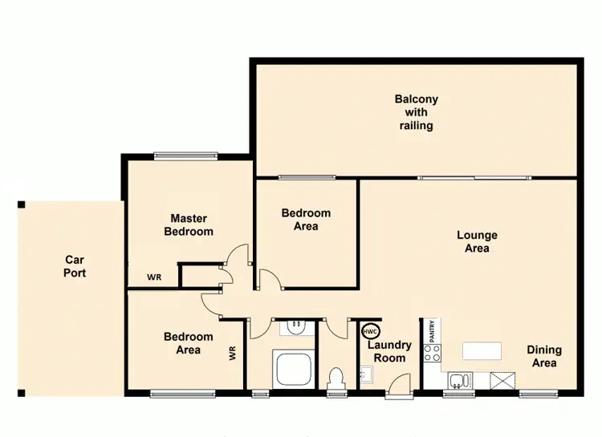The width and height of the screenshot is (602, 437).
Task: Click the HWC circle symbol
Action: click(370, 330)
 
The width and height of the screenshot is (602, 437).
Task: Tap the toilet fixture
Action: click(337, 375)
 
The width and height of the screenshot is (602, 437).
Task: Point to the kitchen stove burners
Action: click(432, 353)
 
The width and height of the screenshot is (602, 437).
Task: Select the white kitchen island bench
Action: click(482, 350)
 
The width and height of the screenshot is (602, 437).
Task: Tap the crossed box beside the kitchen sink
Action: click(503, 381)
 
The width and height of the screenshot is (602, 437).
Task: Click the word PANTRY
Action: click(432, 330)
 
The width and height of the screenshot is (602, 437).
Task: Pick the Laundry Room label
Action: click(389, 351)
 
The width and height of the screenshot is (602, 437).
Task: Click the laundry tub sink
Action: click(365, 374)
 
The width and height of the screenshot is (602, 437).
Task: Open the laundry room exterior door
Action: click(396, 390)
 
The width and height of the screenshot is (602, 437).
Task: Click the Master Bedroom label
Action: click(189, 225)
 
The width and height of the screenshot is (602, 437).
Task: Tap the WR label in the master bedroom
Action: click(153, 277)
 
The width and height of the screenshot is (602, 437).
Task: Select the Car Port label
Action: click(75, 266)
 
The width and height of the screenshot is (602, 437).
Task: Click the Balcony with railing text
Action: click(416, 112)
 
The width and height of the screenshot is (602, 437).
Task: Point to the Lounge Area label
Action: click(477, 241)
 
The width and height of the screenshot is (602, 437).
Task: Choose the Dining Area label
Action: click(543, 356)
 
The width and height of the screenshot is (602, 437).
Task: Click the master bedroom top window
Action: click(186, 156)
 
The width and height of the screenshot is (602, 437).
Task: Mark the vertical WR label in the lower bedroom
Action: click(233, 353)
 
